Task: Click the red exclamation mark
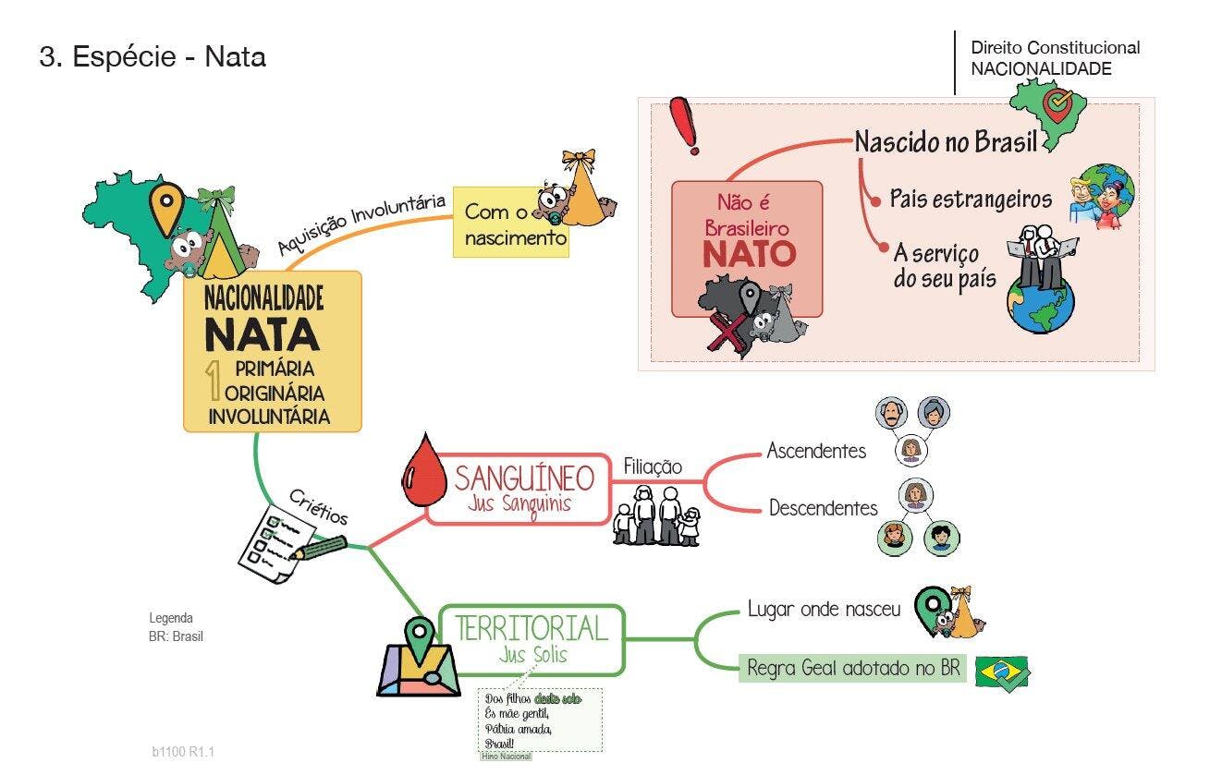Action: [687, 127]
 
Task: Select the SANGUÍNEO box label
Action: [523, 478]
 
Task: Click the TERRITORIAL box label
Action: [532, 628]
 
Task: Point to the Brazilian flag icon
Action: [1003, 672]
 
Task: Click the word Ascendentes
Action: [816, 451]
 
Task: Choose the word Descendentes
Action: [823, 508]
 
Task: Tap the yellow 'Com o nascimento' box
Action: [515, 224]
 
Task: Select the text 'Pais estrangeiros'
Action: [971, 200]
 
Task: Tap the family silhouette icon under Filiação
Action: [657, 516]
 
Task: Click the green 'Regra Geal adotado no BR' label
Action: [852, 668]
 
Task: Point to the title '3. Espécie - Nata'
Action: [153, 57]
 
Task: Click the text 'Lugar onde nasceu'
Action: [824, 610]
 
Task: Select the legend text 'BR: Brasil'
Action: [176, 636]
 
